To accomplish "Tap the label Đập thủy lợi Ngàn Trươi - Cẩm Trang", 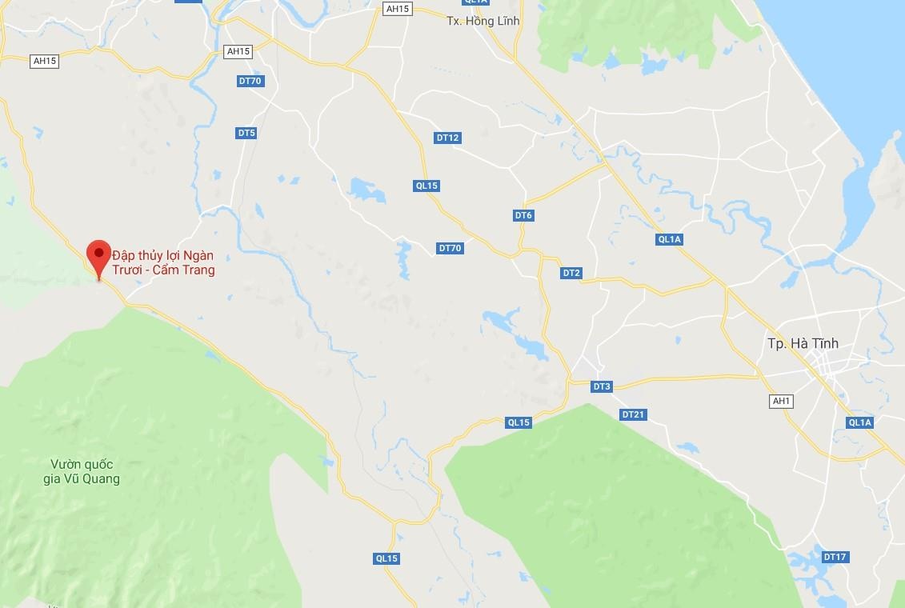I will click(x=163, y=262).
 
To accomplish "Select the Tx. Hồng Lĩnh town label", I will click(x=483, y=22).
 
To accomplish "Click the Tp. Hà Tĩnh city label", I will click(x=803, y=343).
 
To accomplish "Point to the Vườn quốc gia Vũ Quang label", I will click(x=84, y=472).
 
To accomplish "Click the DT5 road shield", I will click(x=246, y=133).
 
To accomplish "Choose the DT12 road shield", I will click(x=448, y=138).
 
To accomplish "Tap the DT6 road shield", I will click(x=523, y=215).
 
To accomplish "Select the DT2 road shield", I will click(x=571, y=273).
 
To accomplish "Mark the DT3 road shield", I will click(x=602, y=386).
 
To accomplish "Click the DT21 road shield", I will click(x=633, y=414).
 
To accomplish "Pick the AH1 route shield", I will click(x=781, y=401).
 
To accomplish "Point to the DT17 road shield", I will click(x=835, y=557).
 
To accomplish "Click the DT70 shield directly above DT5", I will click(x=250, y=81).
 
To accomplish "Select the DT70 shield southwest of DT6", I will click(x=450, y=248).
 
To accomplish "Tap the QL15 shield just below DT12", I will click(x=427, y=186).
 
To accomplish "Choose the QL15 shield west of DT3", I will click(x=519, y=422).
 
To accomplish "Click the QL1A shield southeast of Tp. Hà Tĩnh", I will click(x=860, y=422).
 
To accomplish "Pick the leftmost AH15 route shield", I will click(x=45, y=61).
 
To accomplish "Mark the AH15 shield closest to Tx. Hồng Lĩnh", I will click(x=397, y=9).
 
